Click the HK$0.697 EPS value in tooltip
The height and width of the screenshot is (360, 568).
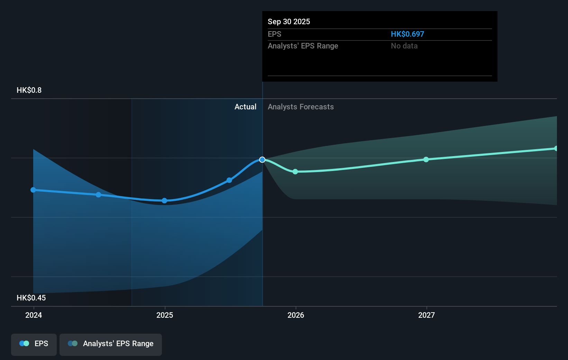(407, 34)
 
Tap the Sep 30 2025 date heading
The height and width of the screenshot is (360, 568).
(288, 21)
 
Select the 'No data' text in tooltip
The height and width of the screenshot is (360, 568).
(404, 46)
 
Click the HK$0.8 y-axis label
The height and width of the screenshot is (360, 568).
(29, 90)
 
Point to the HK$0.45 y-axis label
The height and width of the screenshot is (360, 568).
(31, 298)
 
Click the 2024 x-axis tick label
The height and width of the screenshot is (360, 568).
(34, 315)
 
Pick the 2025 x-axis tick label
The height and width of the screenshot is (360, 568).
(165, 315)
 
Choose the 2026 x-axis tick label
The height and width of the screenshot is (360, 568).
(296, 315)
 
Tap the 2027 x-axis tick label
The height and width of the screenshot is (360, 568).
(426, 315)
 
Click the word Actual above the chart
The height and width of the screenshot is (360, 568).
(245, 107)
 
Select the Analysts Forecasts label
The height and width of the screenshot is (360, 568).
(301, 107)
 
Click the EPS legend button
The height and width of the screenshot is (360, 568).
(34, 344)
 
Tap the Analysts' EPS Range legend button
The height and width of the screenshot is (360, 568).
(111, 344)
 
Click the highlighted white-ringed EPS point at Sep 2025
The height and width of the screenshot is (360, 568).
(262, 160)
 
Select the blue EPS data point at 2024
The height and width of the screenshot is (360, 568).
(33, 190)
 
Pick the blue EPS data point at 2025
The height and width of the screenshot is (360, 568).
(164, 201)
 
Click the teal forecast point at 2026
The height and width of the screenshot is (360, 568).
(295, 172)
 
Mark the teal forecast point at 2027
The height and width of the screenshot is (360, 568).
(426, 160)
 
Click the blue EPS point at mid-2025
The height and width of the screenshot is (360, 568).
(229, 180)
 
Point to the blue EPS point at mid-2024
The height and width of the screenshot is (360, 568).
(99, 195)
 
